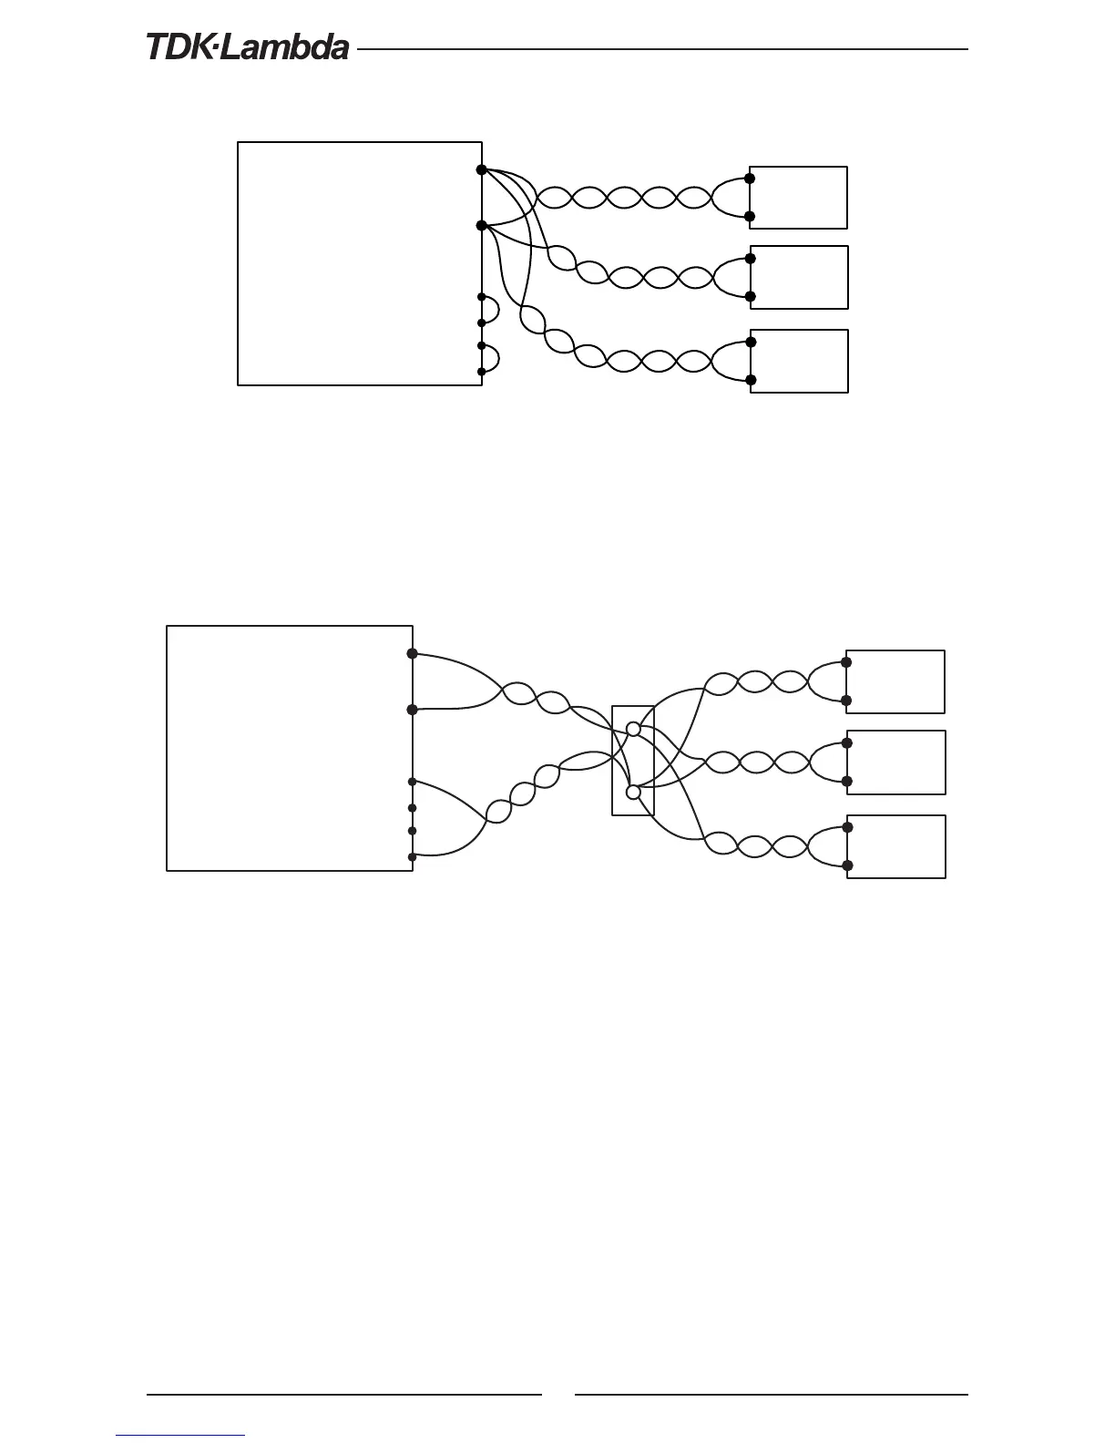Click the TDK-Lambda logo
tap(248, 47)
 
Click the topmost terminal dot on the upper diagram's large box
tap(481, 169)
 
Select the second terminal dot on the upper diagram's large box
tap(481, 225)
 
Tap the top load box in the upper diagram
tap(799, 198)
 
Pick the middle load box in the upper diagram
tap(799, 277)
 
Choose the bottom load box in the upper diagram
tap(799, 361)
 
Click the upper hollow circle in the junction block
tap(634, 729)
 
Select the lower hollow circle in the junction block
tap(634, 792)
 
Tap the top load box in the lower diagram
tap(895, 681)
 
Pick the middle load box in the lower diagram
tap(896, 762)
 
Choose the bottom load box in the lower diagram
tap(896, 846)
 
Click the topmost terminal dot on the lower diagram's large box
tap(412, 653)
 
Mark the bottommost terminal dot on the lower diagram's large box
tap(412, 856)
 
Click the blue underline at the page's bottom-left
tap(180, 1436)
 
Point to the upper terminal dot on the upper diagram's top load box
tap(750, 179)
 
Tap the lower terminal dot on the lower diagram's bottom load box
tap(847, 865)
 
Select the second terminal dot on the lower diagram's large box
tap(412, 709)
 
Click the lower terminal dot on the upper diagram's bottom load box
tap(751, 380)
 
